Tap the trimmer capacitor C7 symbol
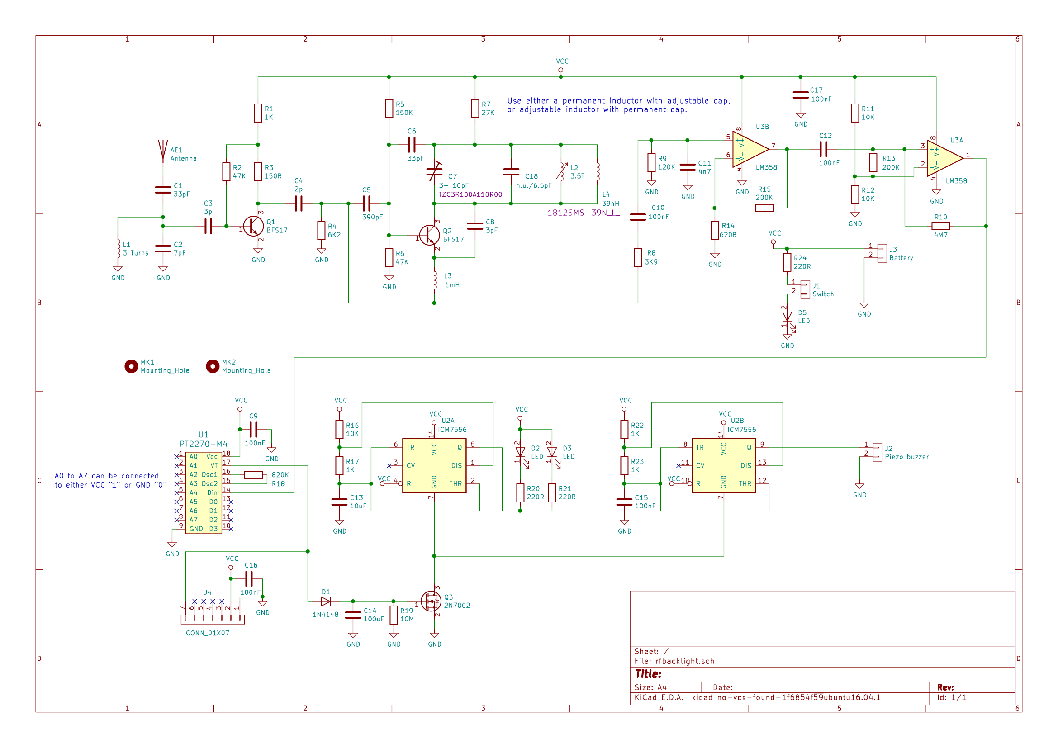tap(434, 172)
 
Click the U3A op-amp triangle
tap(945, 158)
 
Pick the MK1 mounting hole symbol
tap(131, 367)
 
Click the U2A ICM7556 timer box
tap(434, 466)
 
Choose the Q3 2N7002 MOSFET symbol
tap(432, 601)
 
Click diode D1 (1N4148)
tap(326, 601)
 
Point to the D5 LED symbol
tap(788, 317)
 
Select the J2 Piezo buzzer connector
tap(878, 452)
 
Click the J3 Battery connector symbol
tap(882, 253)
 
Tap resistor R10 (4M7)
tap(940, 226)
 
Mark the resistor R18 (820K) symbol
tap(253, 475)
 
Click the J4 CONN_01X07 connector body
tap(213, 620)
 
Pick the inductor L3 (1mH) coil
tap(435, 280)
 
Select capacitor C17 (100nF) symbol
tap(801, 95)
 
